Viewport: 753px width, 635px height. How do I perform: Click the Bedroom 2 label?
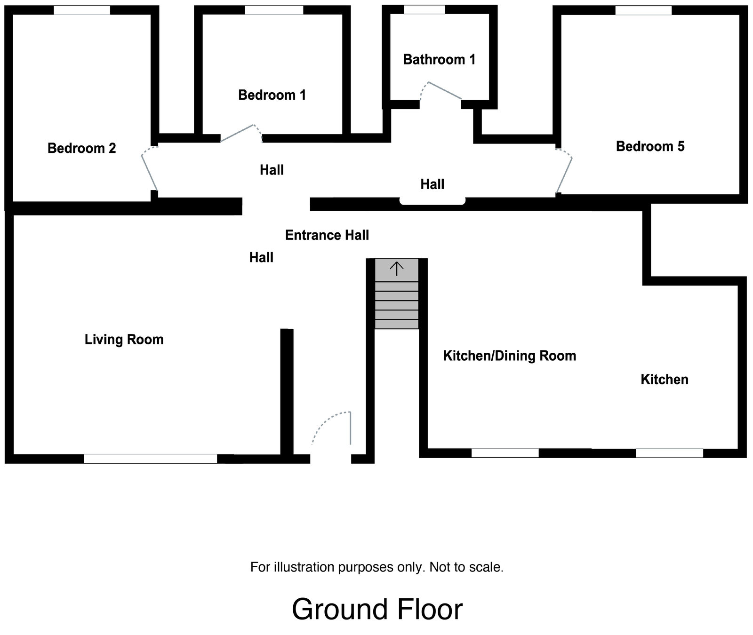(x=81, y=148)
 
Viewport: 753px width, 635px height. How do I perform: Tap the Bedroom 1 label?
(x=272, y=95)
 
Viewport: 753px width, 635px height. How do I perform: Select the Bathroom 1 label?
(x=439, y=60)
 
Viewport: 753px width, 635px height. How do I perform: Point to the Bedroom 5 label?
(x=650, y=146)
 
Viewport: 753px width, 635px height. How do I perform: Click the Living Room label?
(x=124, y=340)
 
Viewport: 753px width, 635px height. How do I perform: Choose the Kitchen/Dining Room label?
(x=510, y=356)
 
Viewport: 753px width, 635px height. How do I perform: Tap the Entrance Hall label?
(x=327, y=235)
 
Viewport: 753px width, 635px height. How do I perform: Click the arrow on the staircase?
(x=397, y=269)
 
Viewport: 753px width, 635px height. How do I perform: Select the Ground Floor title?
(x=377, y=610)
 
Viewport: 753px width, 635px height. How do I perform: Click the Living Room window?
(x=151, y=459)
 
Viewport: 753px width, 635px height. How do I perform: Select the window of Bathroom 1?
(x=424, y=10)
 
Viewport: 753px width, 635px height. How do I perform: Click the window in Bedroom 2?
(x=82, y=10)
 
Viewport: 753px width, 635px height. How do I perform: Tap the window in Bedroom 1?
(x=274, y=10)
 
